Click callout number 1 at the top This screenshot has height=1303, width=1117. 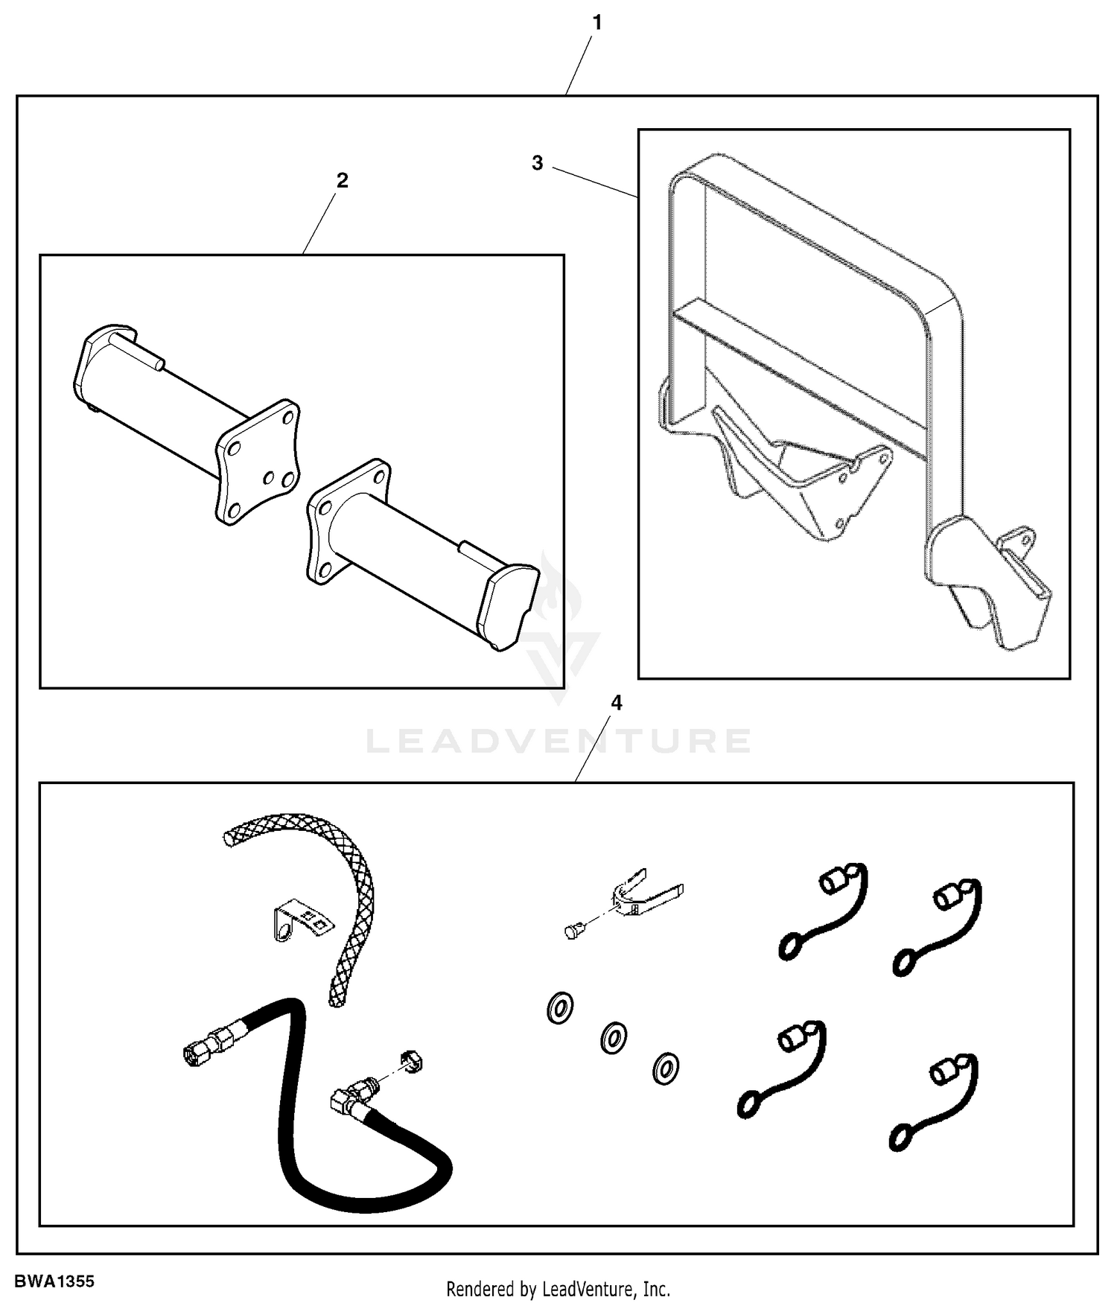click(596, 24)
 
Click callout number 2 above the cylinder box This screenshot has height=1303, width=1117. click(342, 180)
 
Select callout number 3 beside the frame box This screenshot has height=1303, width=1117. click(538, 163)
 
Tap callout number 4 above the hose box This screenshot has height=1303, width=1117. click(616, 703)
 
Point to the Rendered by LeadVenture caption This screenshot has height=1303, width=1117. click(558, 1288)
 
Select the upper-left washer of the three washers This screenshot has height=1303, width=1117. click(559, 1008)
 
